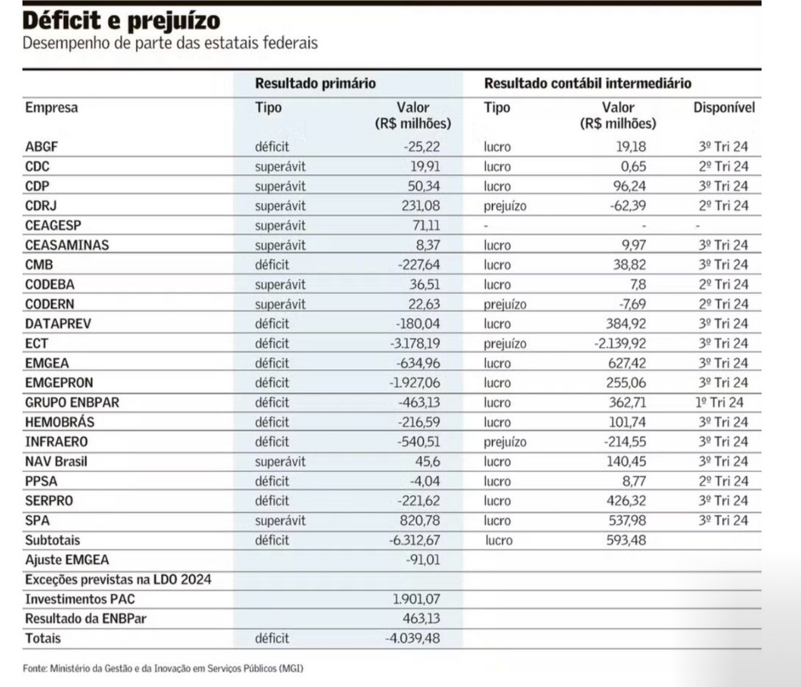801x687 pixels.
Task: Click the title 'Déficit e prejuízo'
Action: (122, 21)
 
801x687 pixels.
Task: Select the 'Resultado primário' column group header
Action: (315, 84)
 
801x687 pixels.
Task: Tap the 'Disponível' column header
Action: (724, 107)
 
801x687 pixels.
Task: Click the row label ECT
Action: (37, 343)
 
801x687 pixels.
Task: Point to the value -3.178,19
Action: (415, 343)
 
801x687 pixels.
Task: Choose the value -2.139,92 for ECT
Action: (620, 343)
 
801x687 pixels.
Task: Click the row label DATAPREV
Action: (58, 323)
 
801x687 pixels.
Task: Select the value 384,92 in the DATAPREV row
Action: (626, 323)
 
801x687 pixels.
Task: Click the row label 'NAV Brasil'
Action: (56, 461)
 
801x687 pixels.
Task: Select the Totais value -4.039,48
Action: (414, 639)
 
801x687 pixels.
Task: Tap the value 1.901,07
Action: (416, 600)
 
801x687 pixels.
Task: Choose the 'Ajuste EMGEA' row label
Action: (67, 560)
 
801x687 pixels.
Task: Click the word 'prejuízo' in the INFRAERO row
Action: (505, 442)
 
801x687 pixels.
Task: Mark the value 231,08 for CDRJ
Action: (421, 205)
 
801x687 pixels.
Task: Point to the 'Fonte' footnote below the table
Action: (163, 669)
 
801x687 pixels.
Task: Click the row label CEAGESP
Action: (53, 225)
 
